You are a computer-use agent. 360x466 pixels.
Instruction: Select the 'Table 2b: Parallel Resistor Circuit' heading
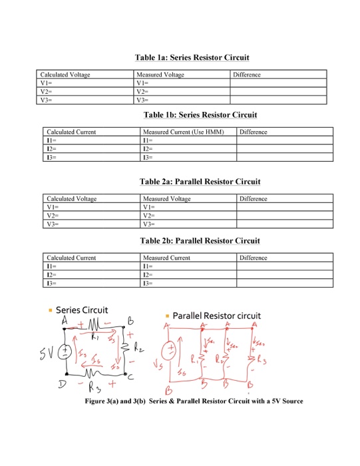[200, 240]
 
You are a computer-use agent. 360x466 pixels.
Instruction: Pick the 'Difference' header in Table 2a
[254, 199]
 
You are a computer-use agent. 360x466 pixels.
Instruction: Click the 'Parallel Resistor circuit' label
[217, 315]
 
